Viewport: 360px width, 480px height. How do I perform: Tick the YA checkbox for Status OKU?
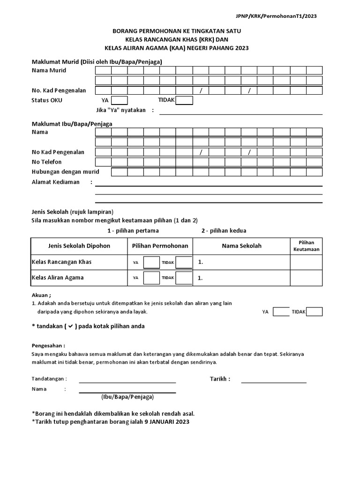119,100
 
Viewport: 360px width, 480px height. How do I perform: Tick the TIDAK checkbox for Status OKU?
184,100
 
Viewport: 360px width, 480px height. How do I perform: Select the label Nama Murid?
49,70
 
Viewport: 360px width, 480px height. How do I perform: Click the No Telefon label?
46,162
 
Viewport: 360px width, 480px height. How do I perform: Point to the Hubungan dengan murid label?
65,172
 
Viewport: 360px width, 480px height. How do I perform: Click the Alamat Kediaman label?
55,182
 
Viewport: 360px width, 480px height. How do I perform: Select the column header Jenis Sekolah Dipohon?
79,246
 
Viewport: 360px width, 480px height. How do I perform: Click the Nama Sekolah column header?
241,246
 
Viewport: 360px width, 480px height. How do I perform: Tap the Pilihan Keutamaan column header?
306,246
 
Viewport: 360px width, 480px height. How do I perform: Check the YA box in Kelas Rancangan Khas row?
151,262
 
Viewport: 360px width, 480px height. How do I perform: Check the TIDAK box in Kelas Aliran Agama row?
184,278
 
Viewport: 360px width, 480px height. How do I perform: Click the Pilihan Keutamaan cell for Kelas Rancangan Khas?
306,262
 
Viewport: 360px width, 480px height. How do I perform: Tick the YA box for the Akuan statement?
281,312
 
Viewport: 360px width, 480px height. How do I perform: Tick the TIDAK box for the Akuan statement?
314,312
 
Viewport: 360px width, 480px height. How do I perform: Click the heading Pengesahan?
48,345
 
